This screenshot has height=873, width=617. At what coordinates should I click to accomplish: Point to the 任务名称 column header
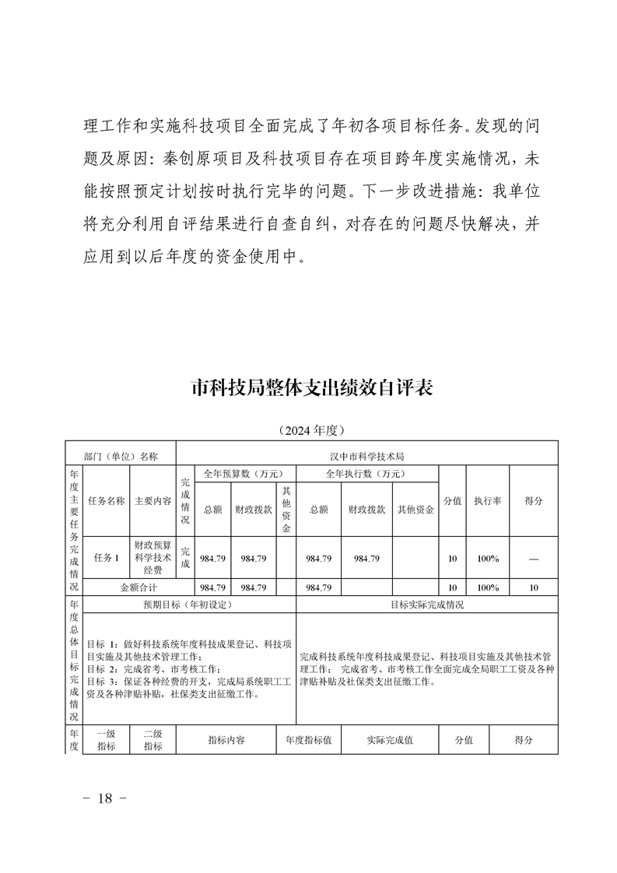click(x=107, y=501)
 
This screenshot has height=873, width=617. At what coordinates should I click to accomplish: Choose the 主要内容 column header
click(x=152, y=501)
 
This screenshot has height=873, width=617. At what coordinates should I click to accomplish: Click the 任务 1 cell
click(x=107, y=558)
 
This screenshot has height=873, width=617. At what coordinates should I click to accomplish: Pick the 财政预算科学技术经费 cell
click(x=152, y=558)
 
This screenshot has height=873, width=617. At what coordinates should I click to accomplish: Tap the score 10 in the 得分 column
click(x=533, y=588)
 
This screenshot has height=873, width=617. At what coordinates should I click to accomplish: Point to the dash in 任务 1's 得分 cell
click(x=533, y=558)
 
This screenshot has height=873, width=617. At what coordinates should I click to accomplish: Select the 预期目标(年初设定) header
click(x=188, y=605)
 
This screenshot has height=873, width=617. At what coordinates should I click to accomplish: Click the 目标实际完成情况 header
click(x=426, y=605)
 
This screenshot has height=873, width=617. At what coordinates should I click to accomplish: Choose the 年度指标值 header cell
click(x=309, y=741)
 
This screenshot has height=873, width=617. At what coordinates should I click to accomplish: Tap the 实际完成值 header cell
click(x=390, y=741)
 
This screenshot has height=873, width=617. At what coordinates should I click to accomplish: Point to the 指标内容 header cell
click(x=226, y=741)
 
